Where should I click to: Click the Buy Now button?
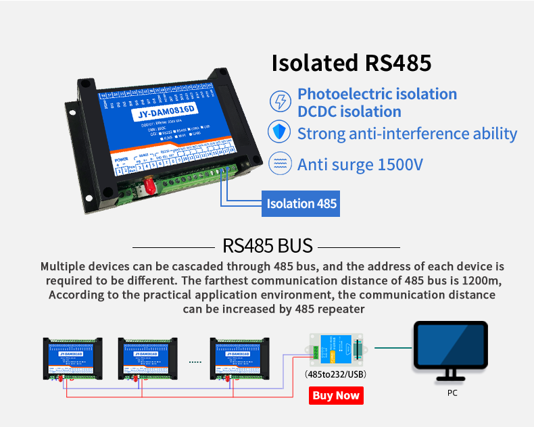click(336, 395)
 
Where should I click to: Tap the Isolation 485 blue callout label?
click(301, 203)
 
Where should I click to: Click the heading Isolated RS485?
click(351, 63)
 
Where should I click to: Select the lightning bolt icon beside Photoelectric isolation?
click(279, 102)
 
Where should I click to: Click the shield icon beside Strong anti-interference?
click(279, 132)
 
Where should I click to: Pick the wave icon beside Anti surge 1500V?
click(279, 164)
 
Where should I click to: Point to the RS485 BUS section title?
click(268, 245)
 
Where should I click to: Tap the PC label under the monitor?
click(452, 393)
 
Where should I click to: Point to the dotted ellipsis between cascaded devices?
click(195, 362)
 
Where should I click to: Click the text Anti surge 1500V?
click(360, 164)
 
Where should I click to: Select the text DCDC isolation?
click(349, 111)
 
